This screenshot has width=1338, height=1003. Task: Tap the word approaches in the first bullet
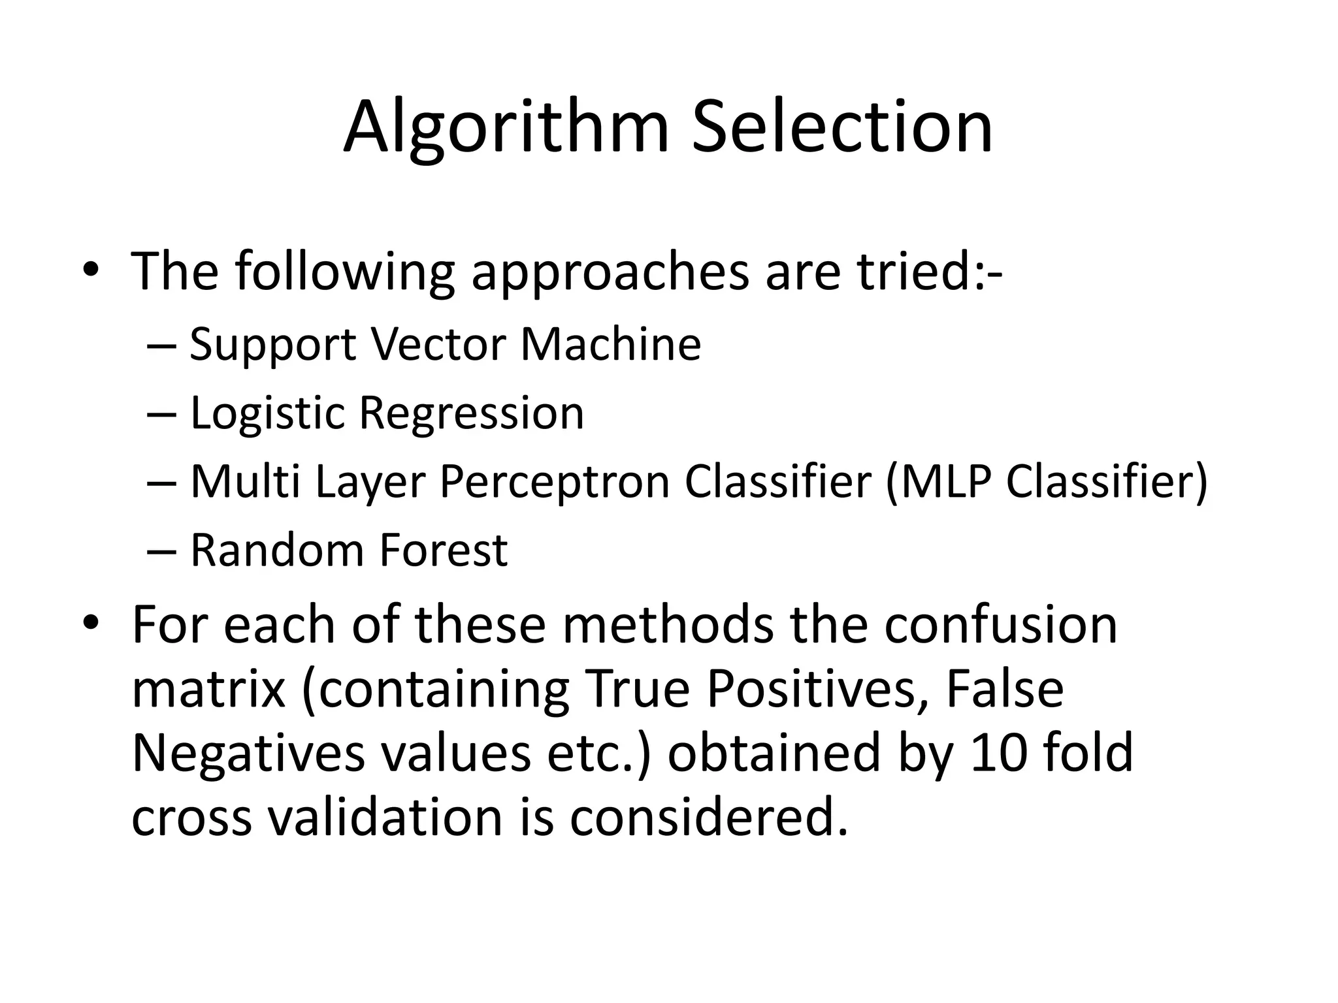[610, 272]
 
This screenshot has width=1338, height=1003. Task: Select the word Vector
[438, 344]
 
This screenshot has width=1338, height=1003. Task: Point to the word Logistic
[267, 414]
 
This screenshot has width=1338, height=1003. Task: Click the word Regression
[472, 414]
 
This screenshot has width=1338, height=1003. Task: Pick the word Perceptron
[555, 483]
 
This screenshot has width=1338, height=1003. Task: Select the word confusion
[1001, 625]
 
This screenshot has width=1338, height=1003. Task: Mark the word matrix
[208, 690]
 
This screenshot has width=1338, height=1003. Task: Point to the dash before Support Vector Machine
[161, 345]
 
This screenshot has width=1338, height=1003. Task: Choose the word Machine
[610, 344]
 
